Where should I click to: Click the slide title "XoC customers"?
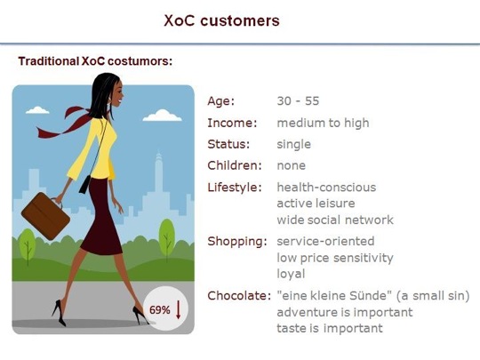pos(221,20)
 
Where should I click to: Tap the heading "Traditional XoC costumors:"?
pos(95,61)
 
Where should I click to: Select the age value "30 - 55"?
pos(298,101)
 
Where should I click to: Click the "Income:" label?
pos(232,123)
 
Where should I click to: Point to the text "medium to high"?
pos(323,123)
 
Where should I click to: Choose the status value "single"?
pos(294,145)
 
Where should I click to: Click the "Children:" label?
pos(235,165)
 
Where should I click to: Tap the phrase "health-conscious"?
pos(326,188)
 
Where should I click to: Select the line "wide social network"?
pos(335,220)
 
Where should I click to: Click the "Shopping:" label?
pos(237,242)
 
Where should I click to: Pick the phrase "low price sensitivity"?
pos(335,258)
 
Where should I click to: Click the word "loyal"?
pos(291,274)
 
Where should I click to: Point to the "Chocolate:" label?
pos(239,296)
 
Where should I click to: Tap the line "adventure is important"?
pos(345,312)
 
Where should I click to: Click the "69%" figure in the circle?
pos(159,310)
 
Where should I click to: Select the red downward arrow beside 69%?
pos(178,309)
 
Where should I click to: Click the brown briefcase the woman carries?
pos(45,216)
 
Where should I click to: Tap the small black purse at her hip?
pos(84,184)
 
